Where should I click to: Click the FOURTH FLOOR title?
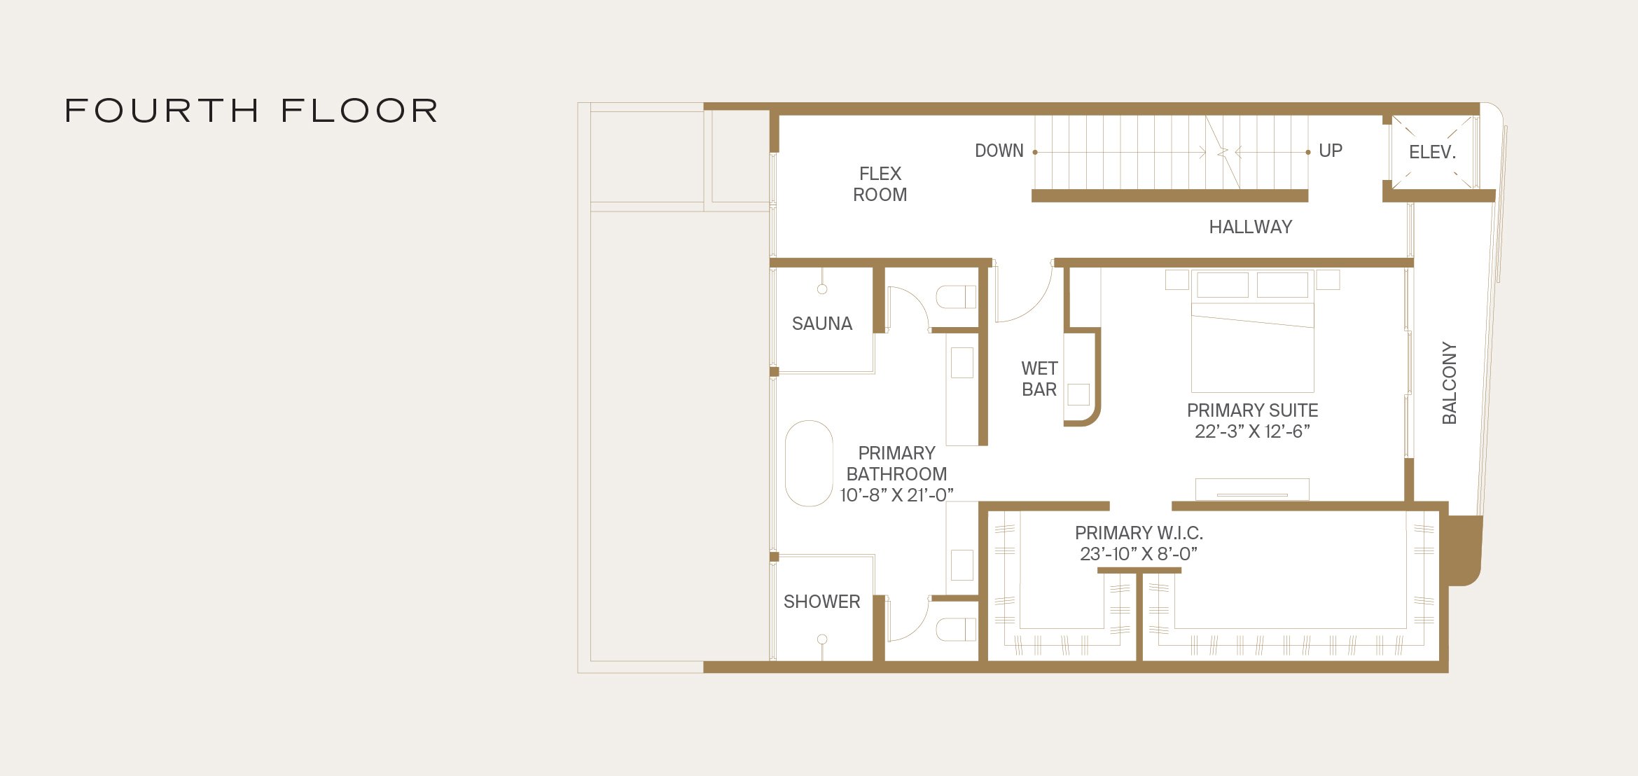[x=252, y=111]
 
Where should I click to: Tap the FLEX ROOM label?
[x=880, y=184]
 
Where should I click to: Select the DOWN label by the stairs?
[x=999, y=151]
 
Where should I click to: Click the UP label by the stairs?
[x=1330, y=151]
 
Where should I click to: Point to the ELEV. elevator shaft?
[x=1432, y=152]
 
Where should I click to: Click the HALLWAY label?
[x=1250, y=227]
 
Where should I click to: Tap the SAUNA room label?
[x=821, y=324]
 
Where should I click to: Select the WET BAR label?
[x=1039, y=379]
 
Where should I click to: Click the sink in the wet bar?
[x=1078, y=394]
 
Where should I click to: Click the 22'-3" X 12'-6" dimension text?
[x=1252, y=431]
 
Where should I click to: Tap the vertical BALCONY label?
[x=1449, y=382]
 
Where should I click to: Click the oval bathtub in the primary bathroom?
[x=809, y=463]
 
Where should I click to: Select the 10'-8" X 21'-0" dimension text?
[x=896, y=495]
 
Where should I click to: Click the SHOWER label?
[x=821, y=602]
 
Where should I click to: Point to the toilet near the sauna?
[x=957, y=297]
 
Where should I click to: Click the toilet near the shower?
[x=957, y=629]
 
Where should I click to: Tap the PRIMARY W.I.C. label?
[x=1139, y=533]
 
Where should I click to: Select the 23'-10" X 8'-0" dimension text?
[x=1139, y=554]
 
